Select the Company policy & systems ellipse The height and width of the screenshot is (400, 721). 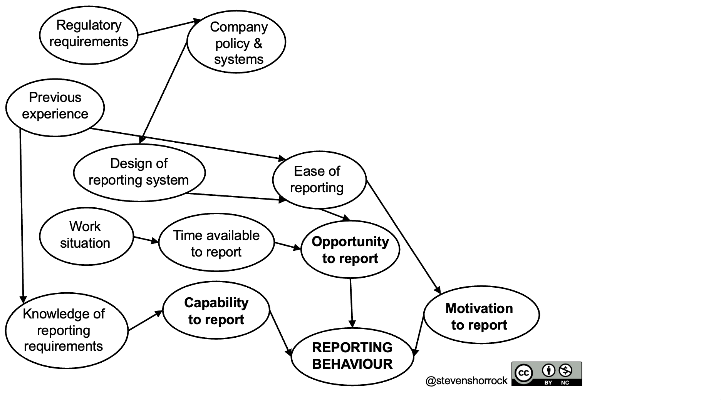coord(236,42)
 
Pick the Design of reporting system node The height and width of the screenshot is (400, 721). coord(139,172)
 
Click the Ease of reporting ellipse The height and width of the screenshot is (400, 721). coord(319,180)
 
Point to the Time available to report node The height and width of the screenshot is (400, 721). coord(216,243)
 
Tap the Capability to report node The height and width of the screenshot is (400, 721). coord(216,310)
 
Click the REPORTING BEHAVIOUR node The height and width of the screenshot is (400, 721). coord(352,356)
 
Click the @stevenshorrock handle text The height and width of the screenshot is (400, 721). coord(466,381)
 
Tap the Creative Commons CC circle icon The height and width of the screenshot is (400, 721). coord(523,373)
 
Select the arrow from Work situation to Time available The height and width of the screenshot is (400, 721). coord(146,240)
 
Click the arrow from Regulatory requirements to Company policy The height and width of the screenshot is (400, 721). coord(168,27)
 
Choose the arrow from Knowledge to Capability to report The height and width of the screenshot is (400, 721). coord(145,320)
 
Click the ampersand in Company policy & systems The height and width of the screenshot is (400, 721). coord(258,43)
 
